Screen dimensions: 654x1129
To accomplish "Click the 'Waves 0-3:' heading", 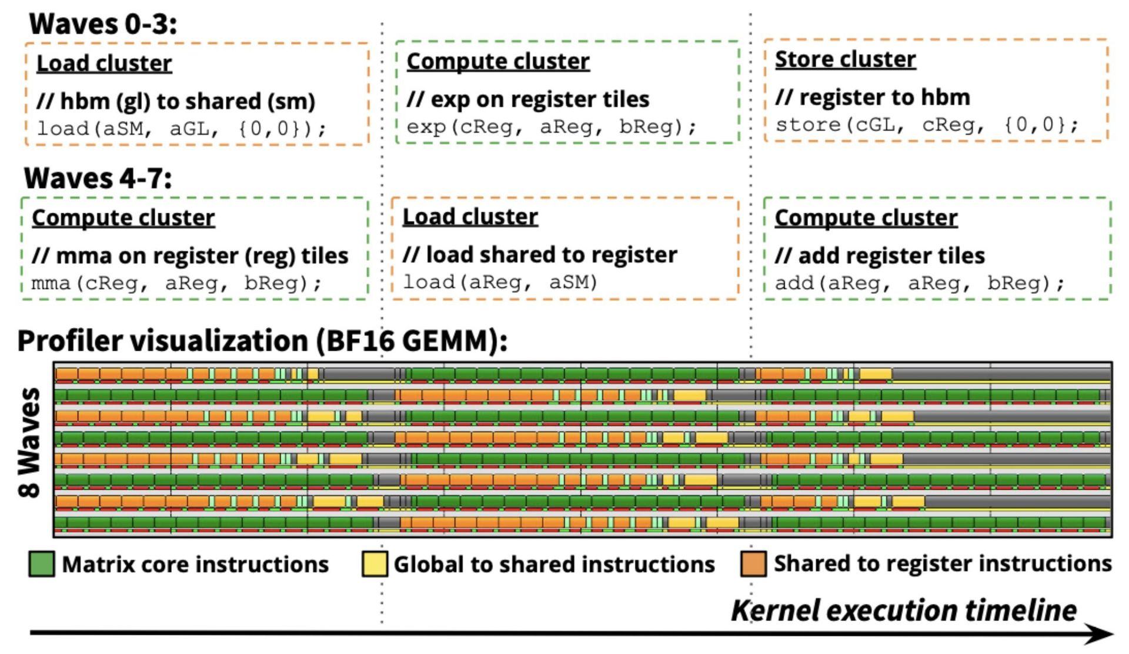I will coord(103,25).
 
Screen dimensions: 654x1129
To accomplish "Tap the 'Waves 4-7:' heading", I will coord(98,178).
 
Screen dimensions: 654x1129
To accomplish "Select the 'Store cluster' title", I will coord(845,59).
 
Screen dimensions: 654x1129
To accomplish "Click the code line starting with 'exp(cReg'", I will coord(551,127).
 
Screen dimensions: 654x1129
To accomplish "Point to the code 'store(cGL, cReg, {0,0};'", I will coord(926,125).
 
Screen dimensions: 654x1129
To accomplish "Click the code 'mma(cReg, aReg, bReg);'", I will coord(176,283).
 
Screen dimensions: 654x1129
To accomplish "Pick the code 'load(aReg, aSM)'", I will coord(500,282).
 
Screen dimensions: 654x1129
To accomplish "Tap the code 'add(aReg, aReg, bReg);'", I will coord(919,283).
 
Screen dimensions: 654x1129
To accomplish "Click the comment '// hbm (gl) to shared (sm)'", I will coord(176,101).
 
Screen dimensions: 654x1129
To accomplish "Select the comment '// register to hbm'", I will coord(873,98).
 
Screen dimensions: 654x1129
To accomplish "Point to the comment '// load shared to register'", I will coord(540,255).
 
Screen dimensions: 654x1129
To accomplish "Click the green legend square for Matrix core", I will coord(42,564).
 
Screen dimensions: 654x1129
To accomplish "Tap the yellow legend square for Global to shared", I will coord(375,564).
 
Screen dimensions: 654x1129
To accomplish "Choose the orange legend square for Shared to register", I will coord(753,564).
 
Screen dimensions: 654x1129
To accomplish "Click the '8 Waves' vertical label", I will coord(29,442).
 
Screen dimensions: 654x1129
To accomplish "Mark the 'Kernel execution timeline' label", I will coord(904,611).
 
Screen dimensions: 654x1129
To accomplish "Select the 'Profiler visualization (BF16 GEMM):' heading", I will coord(262,341).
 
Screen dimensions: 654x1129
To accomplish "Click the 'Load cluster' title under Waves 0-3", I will coord(104,63).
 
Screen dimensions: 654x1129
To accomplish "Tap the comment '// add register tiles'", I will coord(880,256).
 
